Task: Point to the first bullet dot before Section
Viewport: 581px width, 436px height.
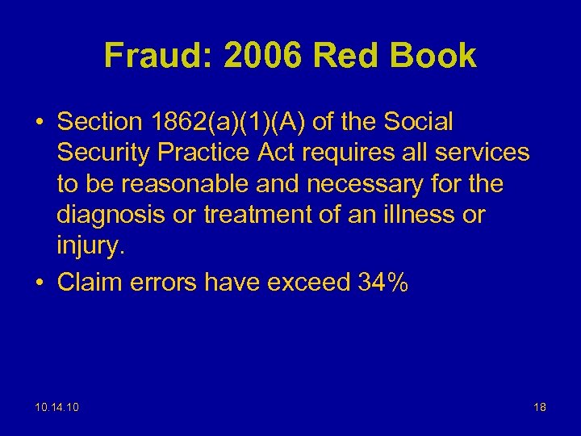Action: click(40, 123)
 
